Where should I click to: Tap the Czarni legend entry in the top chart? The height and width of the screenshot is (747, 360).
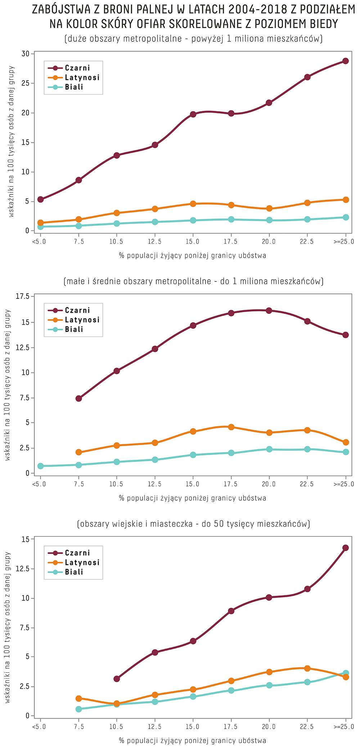(x=77, y=68)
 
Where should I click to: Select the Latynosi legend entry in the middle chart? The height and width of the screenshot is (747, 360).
(x=82, y=320)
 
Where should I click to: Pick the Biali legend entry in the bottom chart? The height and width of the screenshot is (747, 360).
(x=74, y=572)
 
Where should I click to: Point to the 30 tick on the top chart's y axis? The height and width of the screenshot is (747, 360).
(x=25, y=54)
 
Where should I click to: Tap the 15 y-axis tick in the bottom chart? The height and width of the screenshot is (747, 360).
(x=25, y=539)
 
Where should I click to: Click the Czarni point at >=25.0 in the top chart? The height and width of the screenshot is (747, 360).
(x=345, y=61)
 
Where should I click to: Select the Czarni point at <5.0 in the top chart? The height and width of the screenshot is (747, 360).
(x=40, y=199)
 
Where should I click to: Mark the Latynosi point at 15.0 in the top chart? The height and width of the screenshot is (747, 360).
(x=193, y=204)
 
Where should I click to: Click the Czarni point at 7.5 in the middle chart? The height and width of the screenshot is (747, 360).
(x=78, y=399)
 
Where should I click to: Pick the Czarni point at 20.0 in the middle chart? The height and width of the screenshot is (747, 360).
(x=269, y=311)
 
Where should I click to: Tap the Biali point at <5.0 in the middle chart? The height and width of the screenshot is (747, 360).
(x=40, y=466)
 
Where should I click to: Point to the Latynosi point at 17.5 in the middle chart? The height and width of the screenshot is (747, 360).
(x=231, y=427)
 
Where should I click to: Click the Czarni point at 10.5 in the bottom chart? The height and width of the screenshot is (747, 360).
(x=117, y=679)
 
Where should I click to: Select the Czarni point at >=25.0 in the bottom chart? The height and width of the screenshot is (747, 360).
(x=345, y=548)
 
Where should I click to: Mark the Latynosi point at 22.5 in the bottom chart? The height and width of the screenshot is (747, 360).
(x=307, y=668)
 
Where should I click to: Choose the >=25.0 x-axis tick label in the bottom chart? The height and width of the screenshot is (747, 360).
(x=344, y=726)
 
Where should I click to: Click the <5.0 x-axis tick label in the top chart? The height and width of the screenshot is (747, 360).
(x=39, y=242)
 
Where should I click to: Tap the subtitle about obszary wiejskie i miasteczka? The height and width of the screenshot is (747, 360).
(x=193, y=524)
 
